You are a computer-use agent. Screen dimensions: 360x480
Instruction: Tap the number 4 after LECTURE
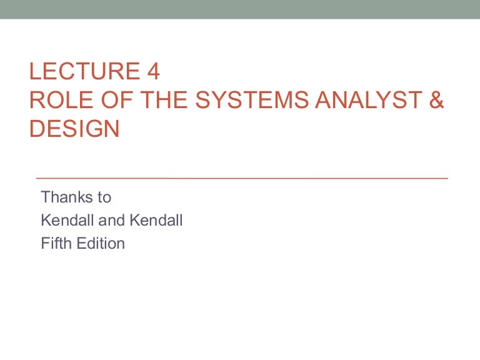tap(153, 72)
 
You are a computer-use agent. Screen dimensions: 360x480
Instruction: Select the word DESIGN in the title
tap(74, 129)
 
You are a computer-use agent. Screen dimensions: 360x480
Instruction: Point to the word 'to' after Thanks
tap(104, 197)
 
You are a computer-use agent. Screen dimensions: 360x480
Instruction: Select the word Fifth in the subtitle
tap(55, 244)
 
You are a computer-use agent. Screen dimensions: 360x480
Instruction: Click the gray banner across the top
tap(240, 9)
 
